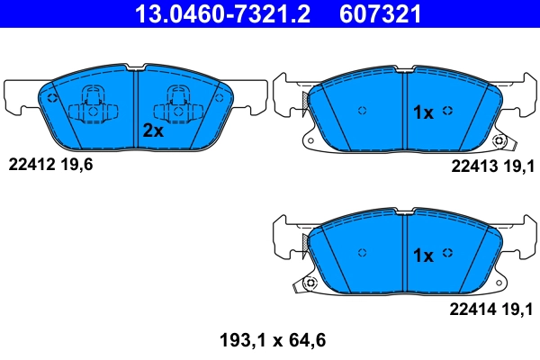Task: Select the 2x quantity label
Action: coord(153,130)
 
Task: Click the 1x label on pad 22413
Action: coord(423,112)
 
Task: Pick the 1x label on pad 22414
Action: coord(423,256)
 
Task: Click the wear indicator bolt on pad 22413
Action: coord(499,140)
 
